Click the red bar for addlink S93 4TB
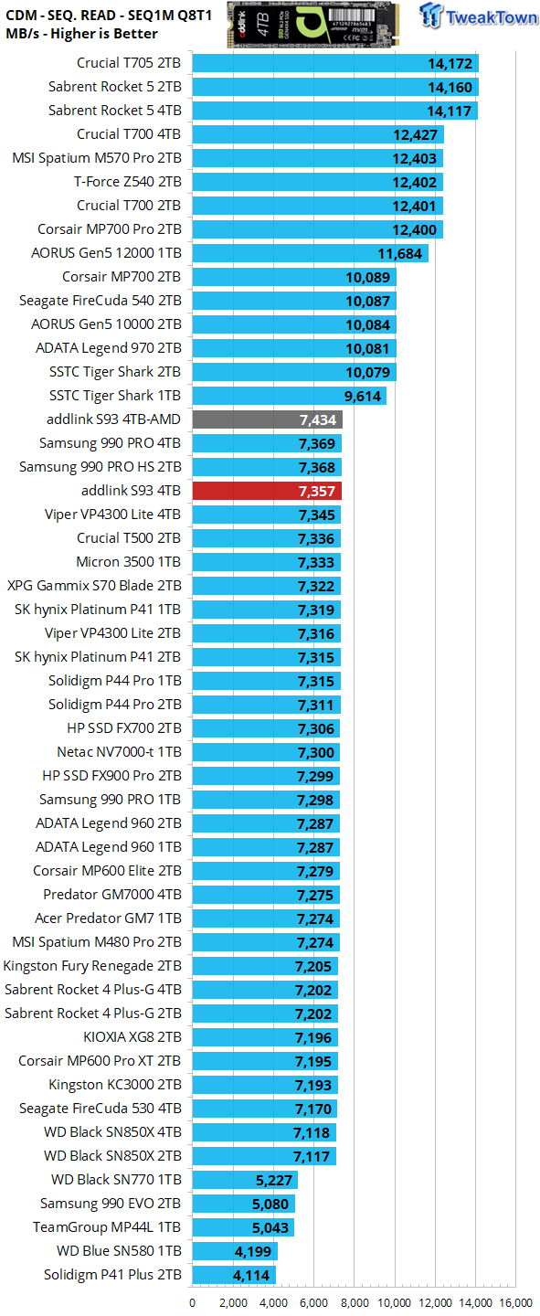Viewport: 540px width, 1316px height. (266, 491)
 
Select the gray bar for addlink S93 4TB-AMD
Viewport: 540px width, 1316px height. (267, 419)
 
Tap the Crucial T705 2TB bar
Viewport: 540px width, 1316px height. (334, 63)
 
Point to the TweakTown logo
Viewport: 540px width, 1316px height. (481, 19)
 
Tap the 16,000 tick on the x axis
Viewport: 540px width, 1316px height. (516, 1302)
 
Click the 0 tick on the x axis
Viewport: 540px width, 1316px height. (192, 1302)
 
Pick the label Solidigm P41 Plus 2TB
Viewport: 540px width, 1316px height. (112, 1274)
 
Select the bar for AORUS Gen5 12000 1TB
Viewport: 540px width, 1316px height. (310, 253)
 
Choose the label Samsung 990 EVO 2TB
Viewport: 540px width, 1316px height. (111, 1203)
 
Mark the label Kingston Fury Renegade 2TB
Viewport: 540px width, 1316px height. (92, 965)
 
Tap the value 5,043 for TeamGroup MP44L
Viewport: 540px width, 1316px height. (271, 1226)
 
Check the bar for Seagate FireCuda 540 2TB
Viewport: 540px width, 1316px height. (293, 301)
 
